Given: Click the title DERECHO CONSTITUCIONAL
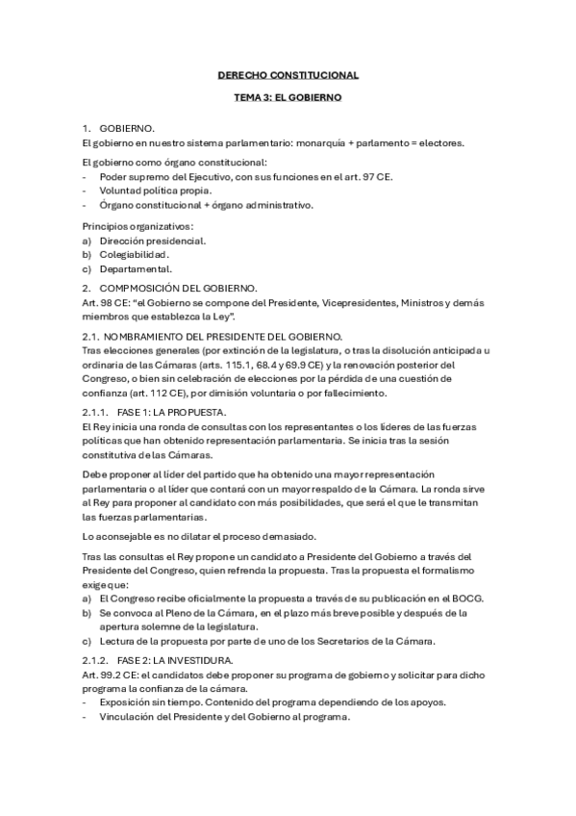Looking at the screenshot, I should (288, 74).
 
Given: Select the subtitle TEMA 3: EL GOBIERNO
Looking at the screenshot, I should (288, 98).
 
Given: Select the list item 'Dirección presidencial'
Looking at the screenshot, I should (152, 240).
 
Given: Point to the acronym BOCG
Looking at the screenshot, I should (466, 598).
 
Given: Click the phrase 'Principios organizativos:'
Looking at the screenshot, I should (138, 225).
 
